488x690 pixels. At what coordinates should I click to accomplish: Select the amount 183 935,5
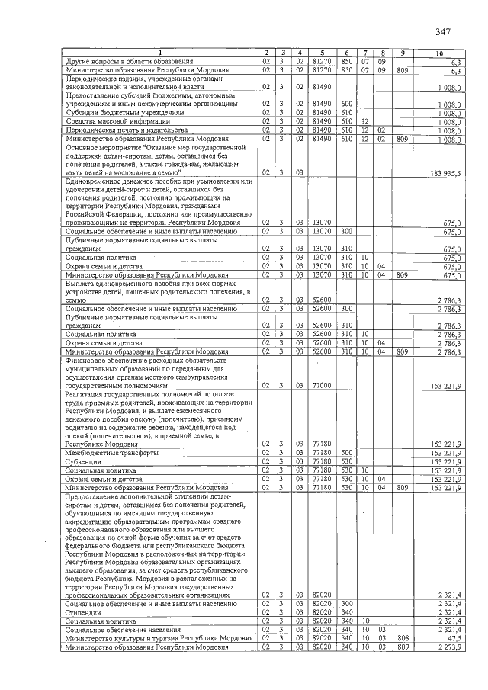point(445,174)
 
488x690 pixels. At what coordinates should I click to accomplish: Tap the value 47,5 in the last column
point(453,639)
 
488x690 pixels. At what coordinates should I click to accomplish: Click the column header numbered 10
point(438,53)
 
